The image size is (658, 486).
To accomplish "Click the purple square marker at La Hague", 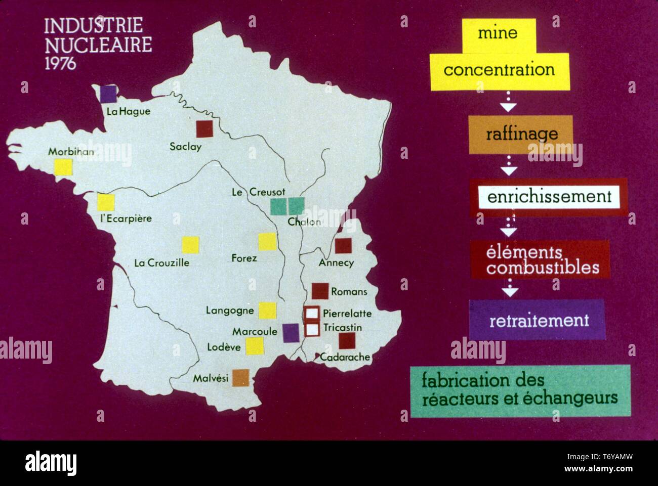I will pos(107,94).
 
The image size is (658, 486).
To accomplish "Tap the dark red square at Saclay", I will pos(204,129).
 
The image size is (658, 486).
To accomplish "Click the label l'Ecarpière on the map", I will pos(126,219).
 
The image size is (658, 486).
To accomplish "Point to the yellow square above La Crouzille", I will pos(190,245).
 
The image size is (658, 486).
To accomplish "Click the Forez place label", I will pos(244,258).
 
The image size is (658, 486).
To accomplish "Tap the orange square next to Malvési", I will pos(240,378).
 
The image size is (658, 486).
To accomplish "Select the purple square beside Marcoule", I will pos(291,333).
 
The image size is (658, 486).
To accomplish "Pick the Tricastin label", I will pos(343,328).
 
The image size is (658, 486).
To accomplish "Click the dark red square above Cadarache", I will pos(347,340).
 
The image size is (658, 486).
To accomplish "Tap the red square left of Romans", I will pos(320,291).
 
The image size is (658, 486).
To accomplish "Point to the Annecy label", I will pos(336,263).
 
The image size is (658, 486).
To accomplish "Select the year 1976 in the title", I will pos(60,63).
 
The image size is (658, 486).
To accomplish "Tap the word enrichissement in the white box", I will pos(549,197).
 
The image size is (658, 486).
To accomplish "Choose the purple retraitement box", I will pos(537,320).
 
